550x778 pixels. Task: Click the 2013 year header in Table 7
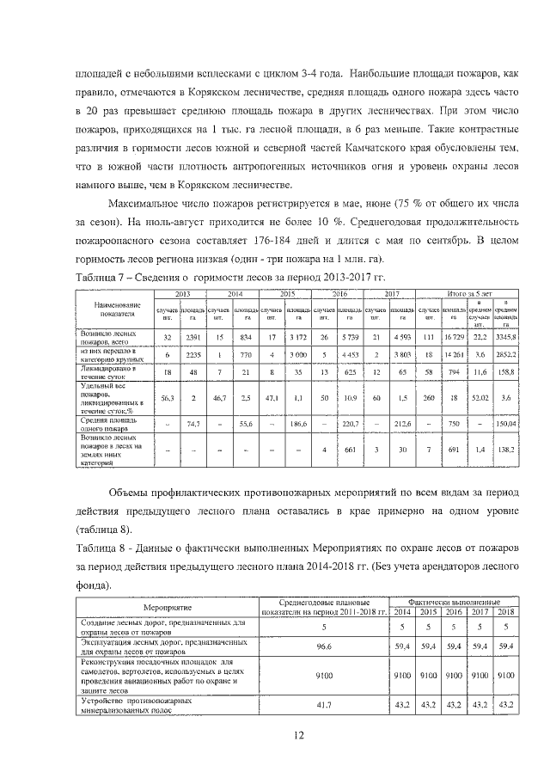click(180, 294)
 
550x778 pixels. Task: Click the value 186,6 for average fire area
click(300, 423)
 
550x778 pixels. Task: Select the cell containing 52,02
click(482, 396)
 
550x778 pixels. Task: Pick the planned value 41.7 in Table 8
click(325, 705)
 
